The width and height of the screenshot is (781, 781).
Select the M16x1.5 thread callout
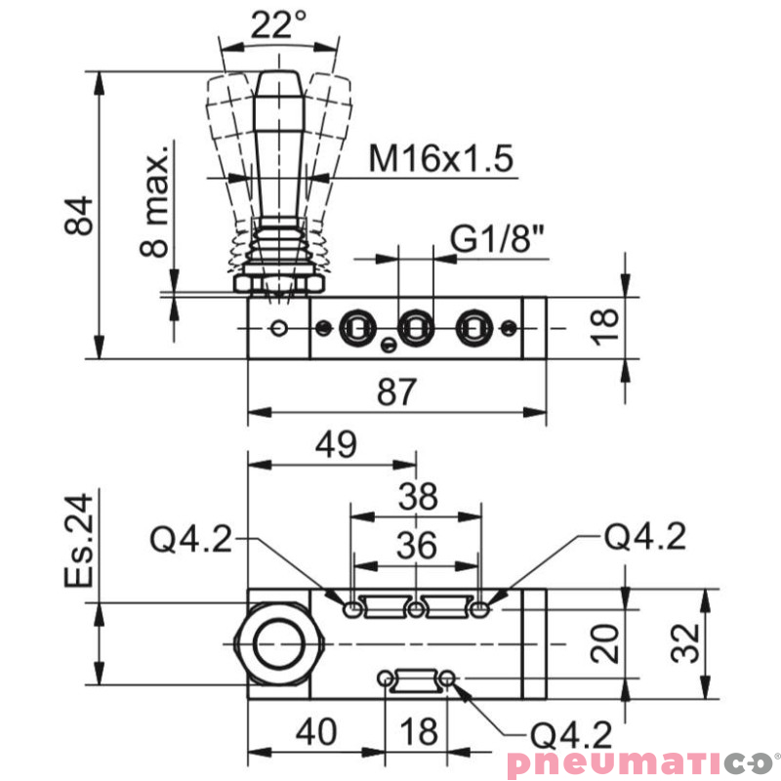[440, 158]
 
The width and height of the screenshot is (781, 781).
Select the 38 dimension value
[417, 499]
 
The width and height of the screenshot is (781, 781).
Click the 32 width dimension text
[688, 644]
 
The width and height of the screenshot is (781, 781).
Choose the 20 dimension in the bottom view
[606, 644]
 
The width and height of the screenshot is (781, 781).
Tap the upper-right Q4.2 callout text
[644, 535]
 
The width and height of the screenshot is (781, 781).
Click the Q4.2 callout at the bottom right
[567, 734]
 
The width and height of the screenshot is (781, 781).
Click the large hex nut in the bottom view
[280, 644]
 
